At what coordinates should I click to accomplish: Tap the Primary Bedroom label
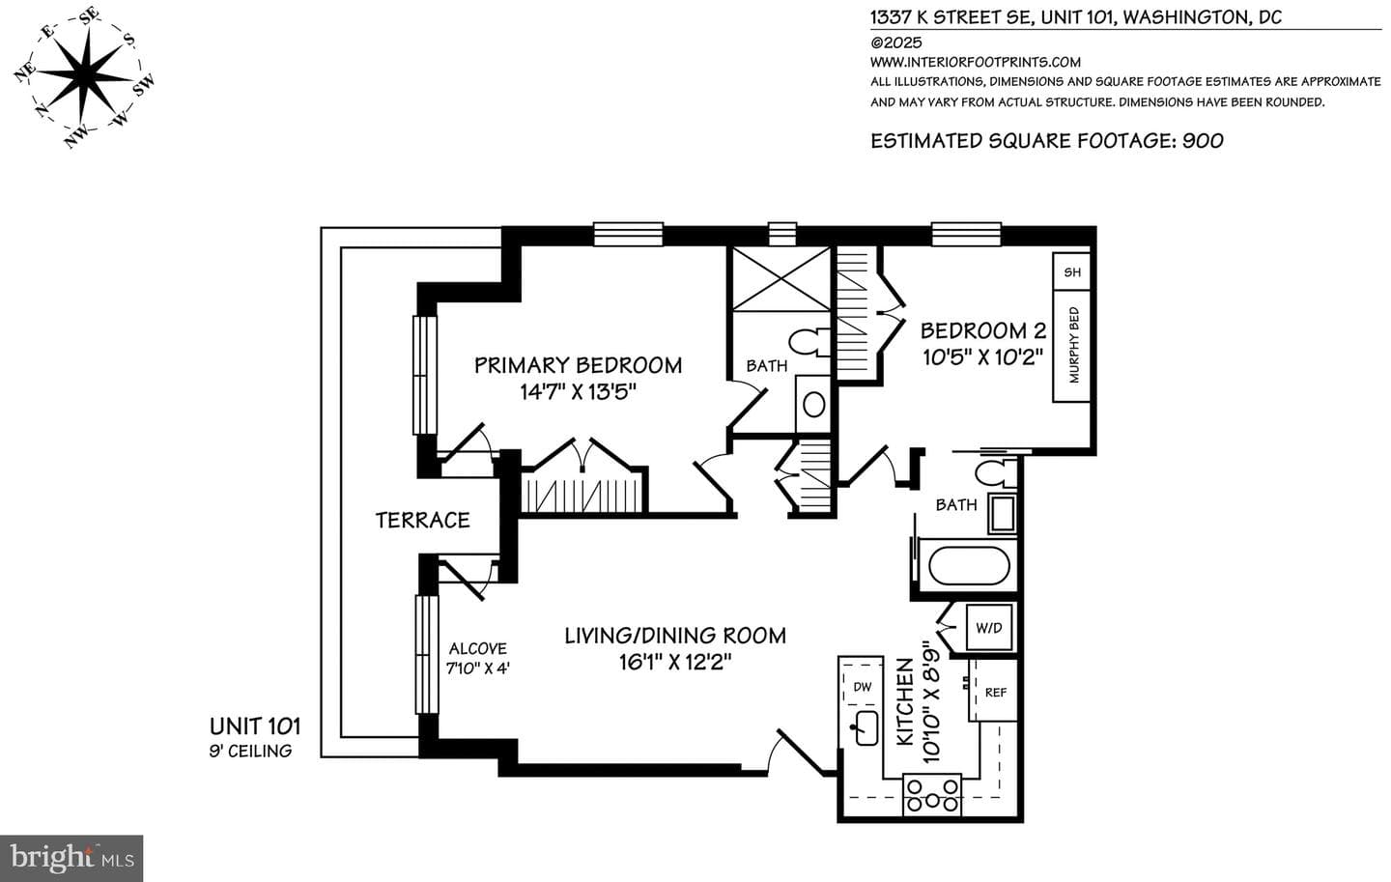pyautogui.click(x=578, y=365)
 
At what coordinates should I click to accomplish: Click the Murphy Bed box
pyautogui.click(x=1072, y=345)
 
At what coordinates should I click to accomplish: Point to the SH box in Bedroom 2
pyautogui.click(x=1072, y=271)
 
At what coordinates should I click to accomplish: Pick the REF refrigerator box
pyautogui.click(x=994, y=692)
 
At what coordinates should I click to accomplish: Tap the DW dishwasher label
pyautogui.click(x=863, y=686)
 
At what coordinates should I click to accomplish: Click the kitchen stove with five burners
pyautogui.click(x=931, y=795)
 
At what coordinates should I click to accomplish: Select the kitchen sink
pyautogui.click(x=866, y=727)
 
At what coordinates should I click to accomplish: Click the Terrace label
pyautogui.click(x=422, y=520)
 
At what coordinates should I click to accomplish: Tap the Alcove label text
pyautogui.click(x=477, y=648)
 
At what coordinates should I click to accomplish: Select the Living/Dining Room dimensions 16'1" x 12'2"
pyautogui.click(x=675, y=663)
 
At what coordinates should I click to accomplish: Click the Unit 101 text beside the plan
pyautogui.click(x=255, y=726)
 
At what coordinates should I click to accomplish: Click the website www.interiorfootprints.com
pyautogui.click(x=975, y=62)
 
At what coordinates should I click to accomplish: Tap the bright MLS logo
pyautogui.click(x=71, y=859)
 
